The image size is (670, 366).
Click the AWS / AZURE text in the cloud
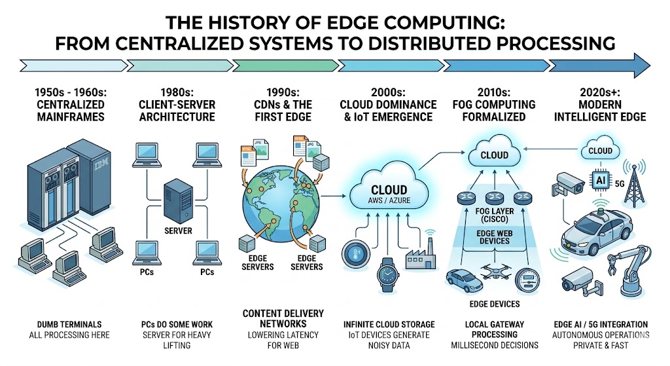point(390,201)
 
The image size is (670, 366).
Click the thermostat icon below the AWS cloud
point(353,253)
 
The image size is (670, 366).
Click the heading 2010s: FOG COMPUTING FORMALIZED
point(494,110)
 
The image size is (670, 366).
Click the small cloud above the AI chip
point(599,151)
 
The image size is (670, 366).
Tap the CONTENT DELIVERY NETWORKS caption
point(283,318)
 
